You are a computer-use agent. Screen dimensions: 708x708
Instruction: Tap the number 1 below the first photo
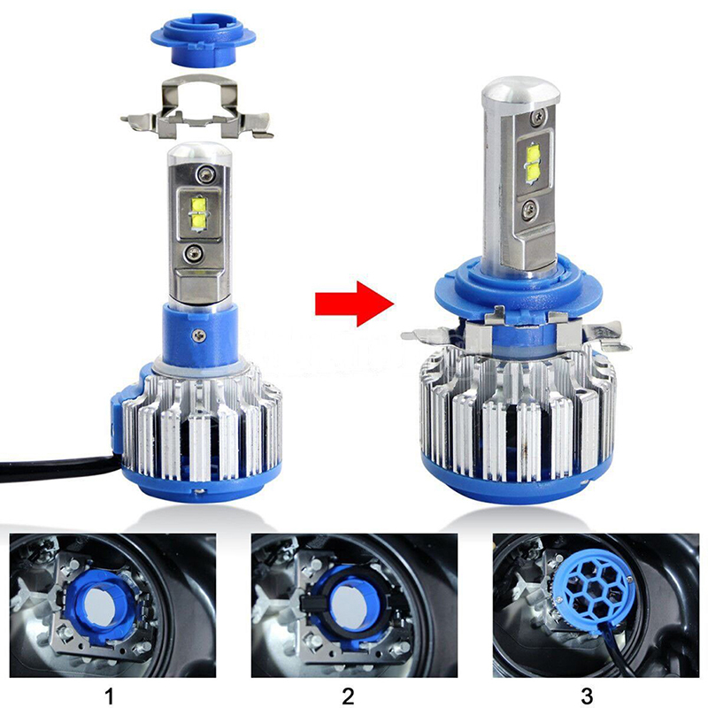pos(109,696)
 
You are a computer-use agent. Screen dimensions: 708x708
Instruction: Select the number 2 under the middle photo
pos(348,696)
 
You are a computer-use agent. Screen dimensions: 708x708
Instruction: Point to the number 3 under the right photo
pos(587,696)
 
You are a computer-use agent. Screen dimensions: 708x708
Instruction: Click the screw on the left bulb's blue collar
pos(198,335)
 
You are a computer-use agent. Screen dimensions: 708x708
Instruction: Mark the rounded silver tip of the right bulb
pos(520,93)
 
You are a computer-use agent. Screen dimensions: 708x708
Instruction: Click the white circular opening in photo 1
pos(103,606)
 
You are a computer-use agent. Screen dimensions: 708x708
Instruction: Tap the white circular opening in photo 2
pos(350,606)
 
